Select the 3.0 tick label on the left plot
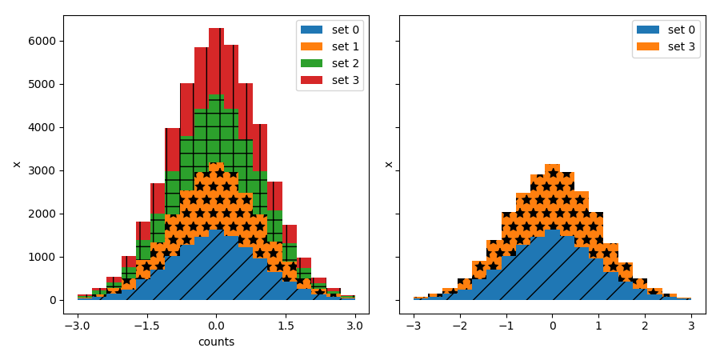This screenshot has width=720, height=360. point(355,326)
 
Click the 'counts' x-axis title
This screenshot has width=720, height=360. point(216,342)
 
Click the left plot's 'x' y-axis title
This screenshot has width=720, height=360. point(17,164)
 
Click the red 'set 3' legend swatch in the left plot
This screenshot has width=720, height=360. point(312,80)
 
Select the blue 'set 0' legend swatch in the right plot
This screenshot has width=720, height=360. point(648,30)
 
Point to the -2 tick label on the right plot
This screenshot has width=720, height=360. point(459,326)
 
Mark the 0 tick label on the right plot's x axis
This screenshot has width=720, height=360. point(552,326)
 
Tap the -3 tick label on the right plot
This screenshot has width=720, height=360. point(413,326)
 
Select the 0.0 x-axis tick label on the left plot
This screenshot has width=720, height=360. point(216,326)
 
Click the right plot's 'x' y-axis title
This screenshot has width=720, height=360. point(390,164)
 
